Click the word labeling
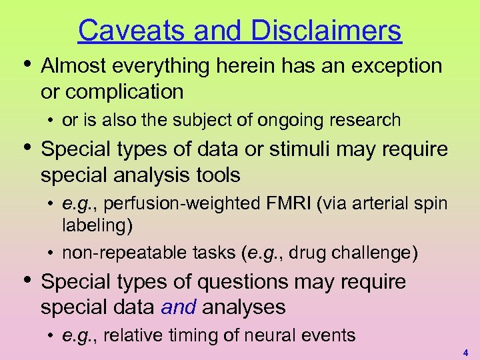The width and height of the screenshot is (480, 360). pyautogui.click(x=97, y=226)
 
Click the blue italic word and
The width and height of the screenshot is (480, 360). pyautogui.click(x=178, y=307)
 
